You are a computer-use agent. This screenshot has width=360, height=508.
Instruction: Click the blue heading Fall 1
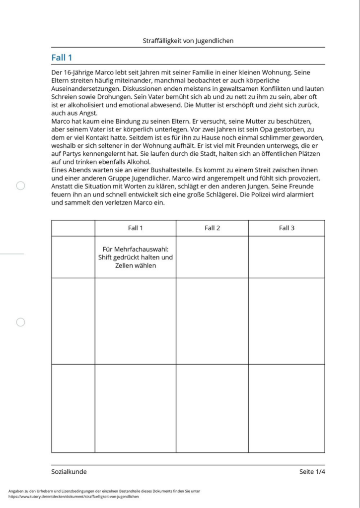point(62,58)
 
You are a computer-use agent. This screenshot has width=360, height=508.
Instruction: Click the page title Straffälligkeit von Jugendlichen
point(188,41)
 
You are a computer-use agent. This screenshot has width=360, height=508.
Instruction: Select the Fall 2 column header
point(212,228)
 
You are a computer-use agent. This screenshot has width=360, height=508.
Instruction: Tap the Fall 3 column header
point(287,228)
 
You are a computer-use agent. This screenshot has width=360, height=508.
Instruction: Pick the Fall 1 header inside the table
point(135,228)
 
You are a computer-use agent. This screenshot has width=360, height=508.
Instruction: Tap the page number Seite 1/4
point(312,472)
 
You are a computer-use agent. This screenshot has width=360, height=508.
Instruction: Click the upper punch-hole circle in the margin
point(20,186)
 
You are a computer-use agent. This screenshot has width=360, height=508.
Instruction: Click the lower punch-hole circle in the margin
point(20,322)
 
